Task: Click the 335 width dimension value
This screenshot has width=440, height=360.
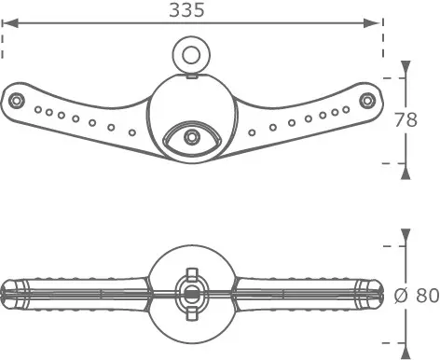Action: click(x=187, y=10)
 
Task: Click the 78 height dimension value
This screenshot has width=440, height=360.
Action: click(x=406, y=119)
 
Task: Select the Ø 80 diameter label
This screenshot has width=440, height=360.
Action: click(x=417, y=296)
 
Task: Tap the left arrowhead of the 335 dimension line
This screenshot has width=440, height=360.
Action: click(x=10, y=23)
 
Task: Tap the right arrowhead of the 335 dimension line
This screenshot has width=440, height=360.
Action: click(x=372, y=23)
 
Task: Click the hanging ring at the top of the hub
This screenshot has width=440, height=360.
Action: click(x=191, y=55)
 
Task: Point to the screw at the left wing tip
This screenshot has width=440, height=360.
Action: click(x=16, y=101)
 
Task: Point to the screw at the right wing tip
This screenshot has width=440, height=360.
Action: click(x=367, y=101)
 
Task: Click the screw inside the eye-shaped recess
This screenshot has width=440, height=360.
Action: click(x=191, y=137)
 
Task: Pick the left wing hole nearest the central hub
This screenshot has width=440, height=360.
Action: click(x=132, y=132)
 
